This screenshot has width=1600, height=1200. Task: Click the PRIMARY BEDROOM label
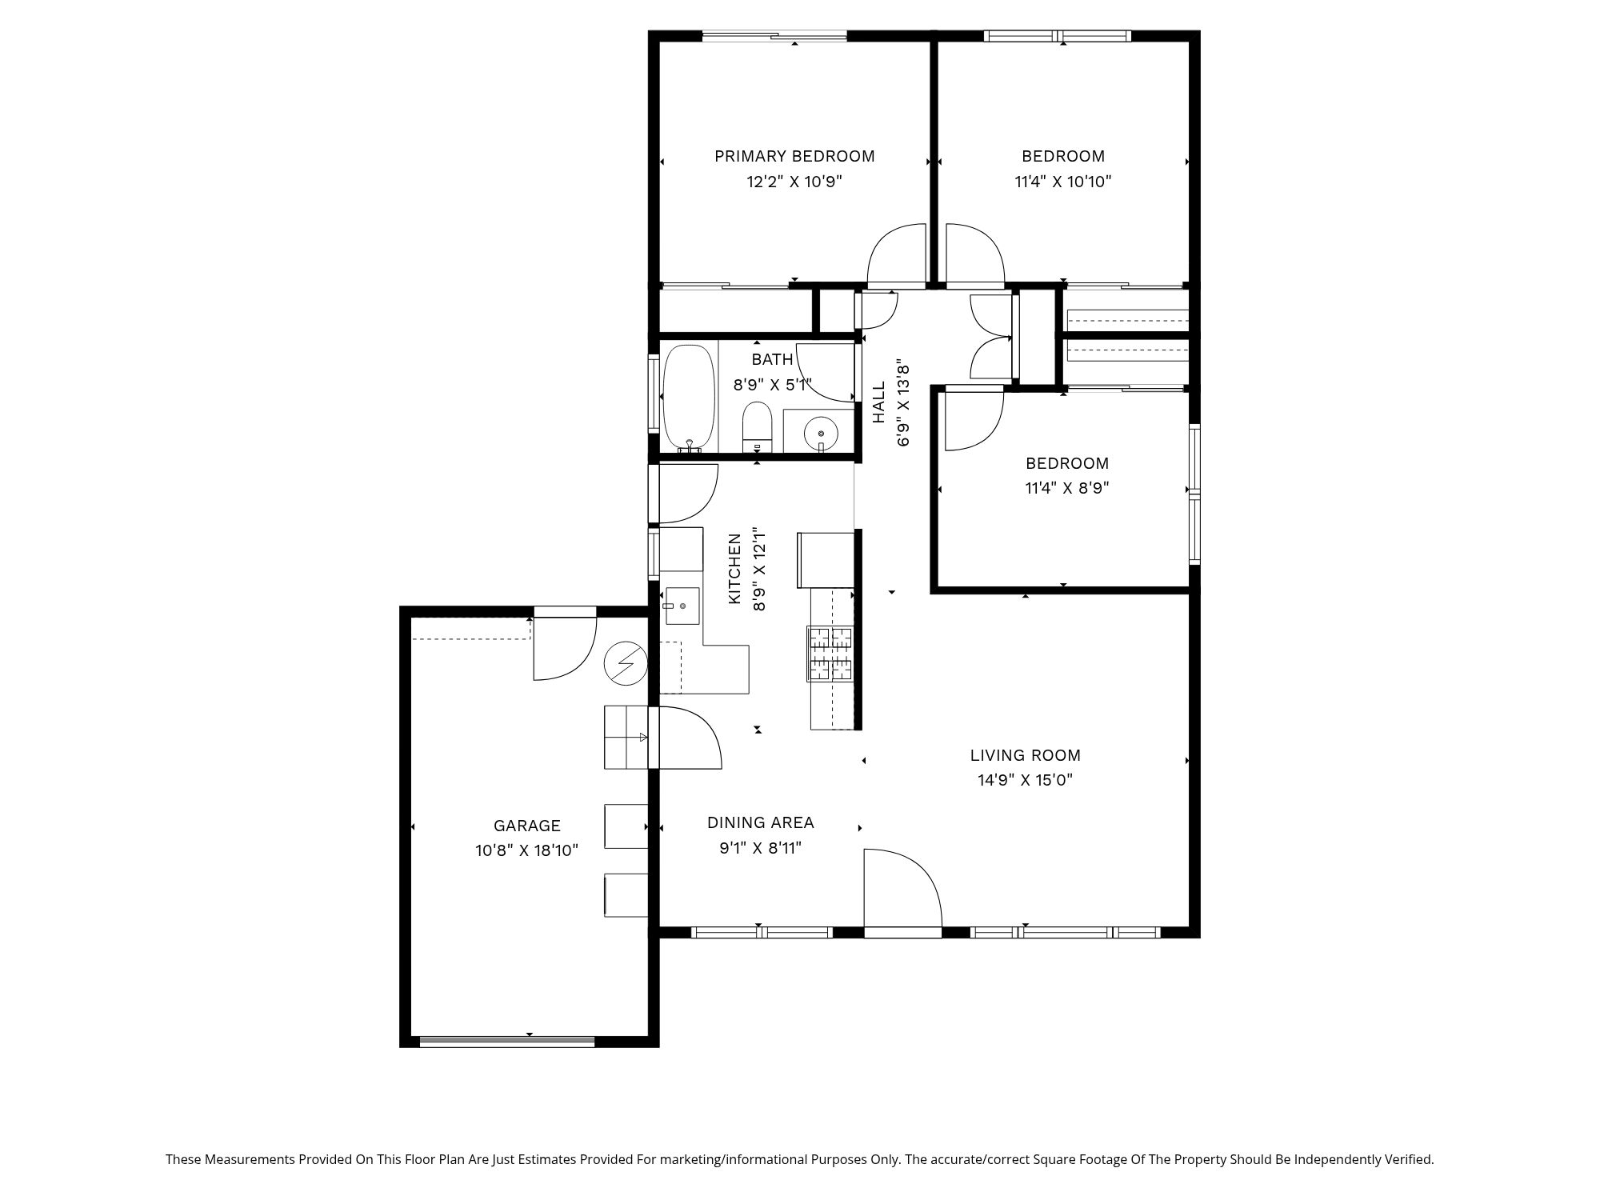coord(794,156)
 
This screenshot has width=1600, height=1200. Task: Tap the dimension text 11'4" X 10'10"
coord(1062,182)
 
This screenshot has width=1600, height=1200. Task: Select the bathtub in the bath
coord(689,398)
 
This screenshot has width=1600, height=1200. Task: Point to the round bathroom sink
coord(821,434)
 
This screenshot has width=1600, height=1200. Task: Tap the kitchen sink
coord(681,606)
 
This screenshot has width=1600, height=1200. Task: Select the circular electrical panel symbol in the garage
coord(626,663)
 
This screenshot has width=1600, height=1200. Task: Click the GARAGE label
coord(527,826)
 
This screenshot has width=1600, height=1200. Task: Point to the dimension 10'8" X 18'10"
coord(527,850)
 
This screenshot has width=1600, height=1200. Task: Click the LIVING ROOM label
coord(1025,755)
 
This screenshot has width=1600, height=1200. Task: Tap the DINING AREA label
coord(760,822)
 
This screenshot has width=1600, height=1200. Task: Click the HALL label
coord(879,402)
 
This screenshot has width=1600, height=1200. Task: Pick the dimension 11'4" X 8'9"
coord(1067,488)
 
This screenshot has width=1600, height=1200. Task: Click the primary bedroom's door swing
coord(896,256)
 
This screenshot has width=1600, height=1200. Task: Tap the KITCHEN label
coord(734,569)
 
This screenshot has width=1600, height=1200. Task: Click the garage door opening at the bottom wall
coord(507,1042)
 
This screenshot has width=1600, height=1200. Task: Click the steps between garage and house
coord(626,737)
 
